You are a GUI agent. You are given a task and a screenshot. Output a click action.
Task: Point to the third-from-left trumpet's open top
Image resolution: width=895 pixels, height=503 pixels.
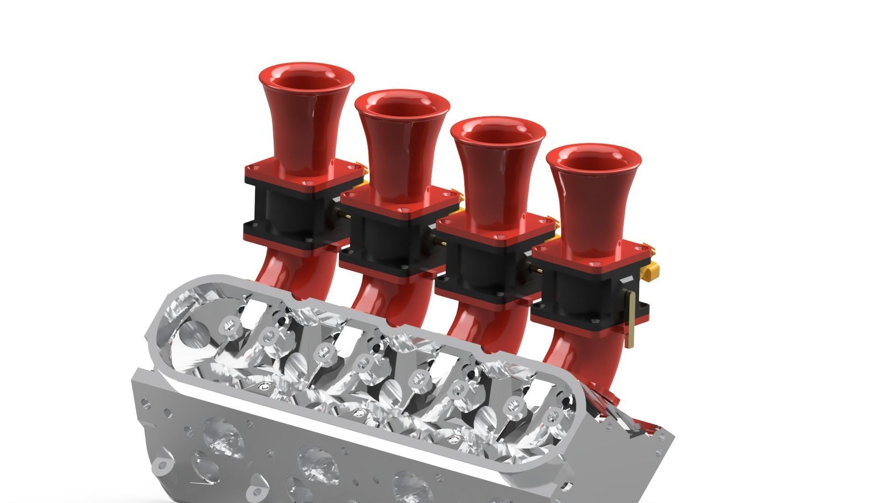[x=498, y=132]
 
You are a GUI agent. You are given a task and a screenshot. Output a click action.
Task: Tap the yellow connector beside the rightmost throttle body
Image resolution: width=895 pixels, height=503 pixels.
[x=650, y=270]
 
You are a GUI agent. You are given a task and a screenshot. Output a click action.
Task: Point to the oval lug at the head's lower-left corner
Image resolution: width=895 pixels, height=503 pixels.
[x=164, y=466]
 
